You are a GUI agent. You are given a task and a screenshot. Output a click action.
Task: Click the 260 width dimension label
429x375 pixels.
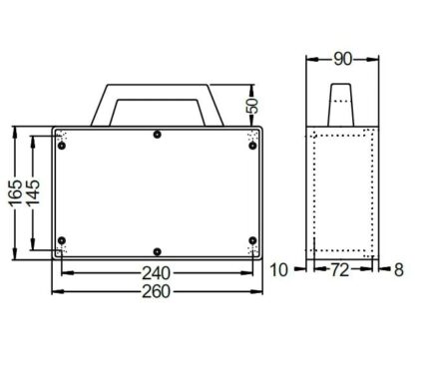156,291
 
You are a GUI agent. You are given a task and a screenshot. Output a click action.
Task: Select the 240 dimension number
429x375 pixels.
156,273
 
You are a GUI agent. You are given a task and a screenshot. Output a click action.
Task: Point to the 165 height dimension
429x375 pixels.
16,193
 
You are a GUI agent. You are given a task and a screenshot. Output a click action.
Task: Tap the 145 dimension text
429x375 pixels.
33,192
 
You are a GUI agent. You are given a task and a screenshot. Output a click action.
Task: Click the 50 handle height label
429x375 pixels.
252,106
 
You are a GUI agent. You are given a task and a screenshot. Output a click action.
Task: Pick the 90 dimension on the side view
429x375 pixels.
342,59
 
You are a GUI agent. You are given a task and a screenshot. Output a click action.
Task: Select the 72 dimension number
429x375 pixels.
340,270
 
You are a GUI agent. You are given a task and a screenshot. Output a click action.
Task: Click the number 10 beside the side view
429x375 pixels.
278,270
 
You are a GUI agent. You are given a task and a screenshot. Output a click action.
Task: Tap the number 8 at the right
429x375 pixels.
399,270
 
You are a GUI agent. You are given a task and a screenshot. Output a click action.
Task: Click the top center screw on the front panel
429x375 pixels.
158,135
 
